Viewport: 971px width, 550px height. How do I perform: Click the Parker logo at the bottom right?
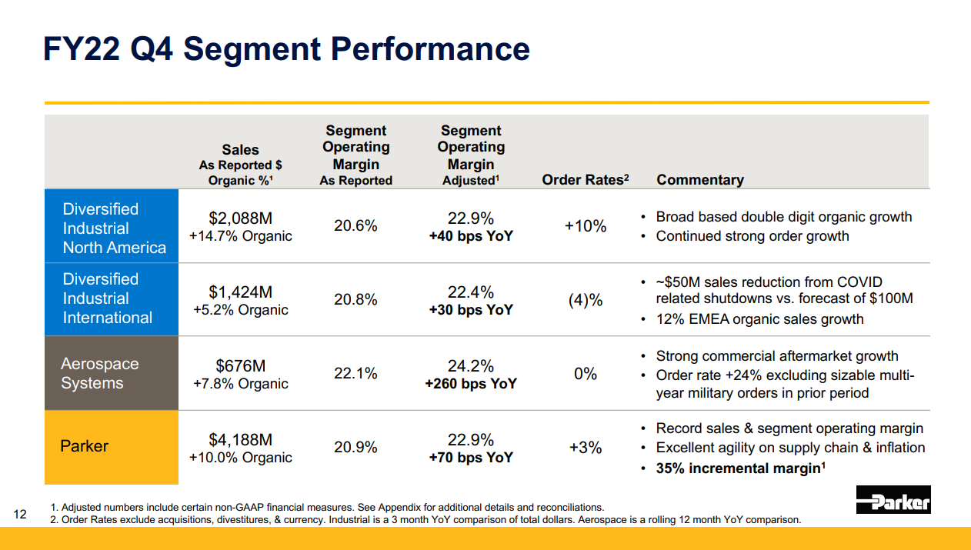(x=893, y=500)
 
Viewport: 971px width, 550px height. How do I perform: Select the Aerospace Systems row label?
(x=100, y=373)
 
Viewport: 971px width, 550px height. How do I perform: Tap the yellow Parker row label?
(x=84, y=446)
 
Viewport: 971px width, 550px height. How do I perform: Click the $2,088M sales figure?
(x=241, y=218)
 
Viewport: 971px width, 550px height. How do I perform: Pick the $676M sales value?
(x=241, y=366)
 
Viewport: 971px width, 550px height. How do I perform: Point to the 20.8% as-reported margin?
(x=355, y=299)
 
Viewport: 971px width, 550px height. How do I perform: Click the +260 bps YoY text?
(x=471, y=384)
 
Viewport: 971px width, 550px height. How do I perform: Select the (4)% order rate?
(x=586, y=300)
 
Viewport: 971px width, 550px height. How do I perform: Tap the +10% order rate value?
(x=586, y=226)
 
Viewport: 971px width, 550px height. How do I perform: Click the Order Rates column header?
(x=586, y=179)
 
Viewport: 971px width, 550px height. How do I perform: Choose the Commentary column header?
(x=700, y=179)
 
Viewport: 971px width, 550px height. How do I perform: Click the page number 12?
(x=20, y=515)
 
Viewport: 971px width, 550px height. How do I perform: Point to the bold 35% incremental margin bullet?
(x=740, y=468)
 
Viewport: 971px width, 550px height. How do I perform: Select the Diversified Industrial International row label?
(x=108, y=298)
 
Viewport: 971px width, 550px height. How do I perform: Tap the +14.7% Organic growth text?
(x=241, y=236)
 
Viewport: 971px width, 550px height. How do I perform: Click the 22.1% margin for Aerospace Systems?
(x=355, y=373)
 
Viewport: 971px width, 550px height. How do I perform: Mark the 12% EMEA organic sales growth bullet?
(x=759, y=319)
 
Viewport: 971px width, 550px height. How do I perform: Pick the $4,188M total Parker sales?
(x=241, y=439)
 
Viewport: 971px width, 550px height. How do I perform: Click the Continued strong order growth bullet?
(x=752, y=236)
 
